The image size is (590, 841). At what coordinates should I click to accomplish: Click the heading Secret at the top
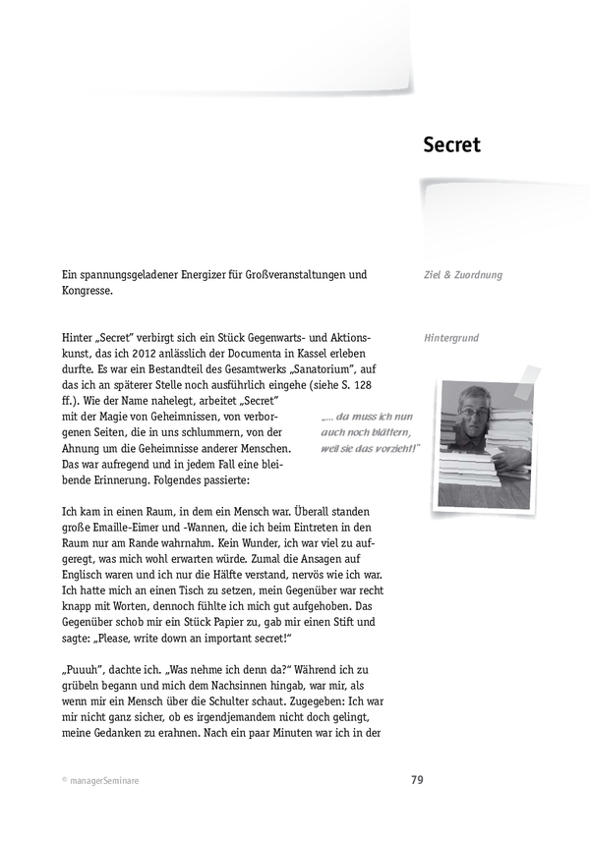[451, 145]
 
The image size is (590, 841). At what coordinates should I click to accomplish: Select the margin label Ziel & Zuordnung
[462, 275]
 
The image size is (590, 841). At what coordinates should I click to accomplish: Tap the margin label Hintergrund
[451, 338]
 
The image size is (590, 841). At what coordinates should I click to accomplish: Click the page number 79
[417, 781]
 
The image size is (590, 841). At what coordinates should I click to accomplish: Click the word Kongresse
[86, 291]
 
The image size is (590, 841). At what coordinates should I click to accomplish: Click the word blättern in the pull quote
[390, 432]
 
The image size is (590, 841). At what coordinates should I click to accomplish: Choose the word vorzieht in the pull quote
[392, 448]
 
